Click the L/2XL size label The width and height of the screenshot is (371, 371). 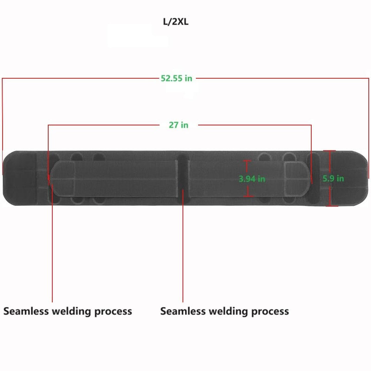pyautogui.click(x=176, y=22)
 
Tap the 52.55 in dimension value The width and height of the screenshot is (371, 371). pyautogui.click(x=176, y=78)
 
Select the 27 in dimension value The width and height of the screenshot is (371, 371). pyautogui.click(x=178, y=125)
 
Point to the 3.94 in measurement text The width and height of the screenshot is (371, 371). pyautogui.click(x=252, y=179)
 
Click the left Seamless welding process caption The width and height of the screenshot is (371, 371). pyautogui.click(x=68, y=311)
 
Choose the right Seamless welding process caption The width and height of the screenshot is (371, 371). pyautogui.click(x=224, y=311)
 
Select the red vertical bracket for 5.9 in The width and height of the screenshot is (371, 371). pyautogui.click(x=330, y=178)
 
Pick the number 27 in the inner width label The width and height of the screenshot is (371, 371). pyautogui.click(x=173, y=125)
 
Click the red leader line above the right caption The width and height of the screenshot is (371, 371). pyautogui.click(x=183, y=250)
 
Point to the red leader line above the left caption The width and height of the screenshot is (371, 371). pyautogui.click(x=52, y=250)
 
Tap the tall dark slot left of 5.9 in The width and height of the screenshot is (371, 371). pyautogui.click(x=314, y=179)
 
